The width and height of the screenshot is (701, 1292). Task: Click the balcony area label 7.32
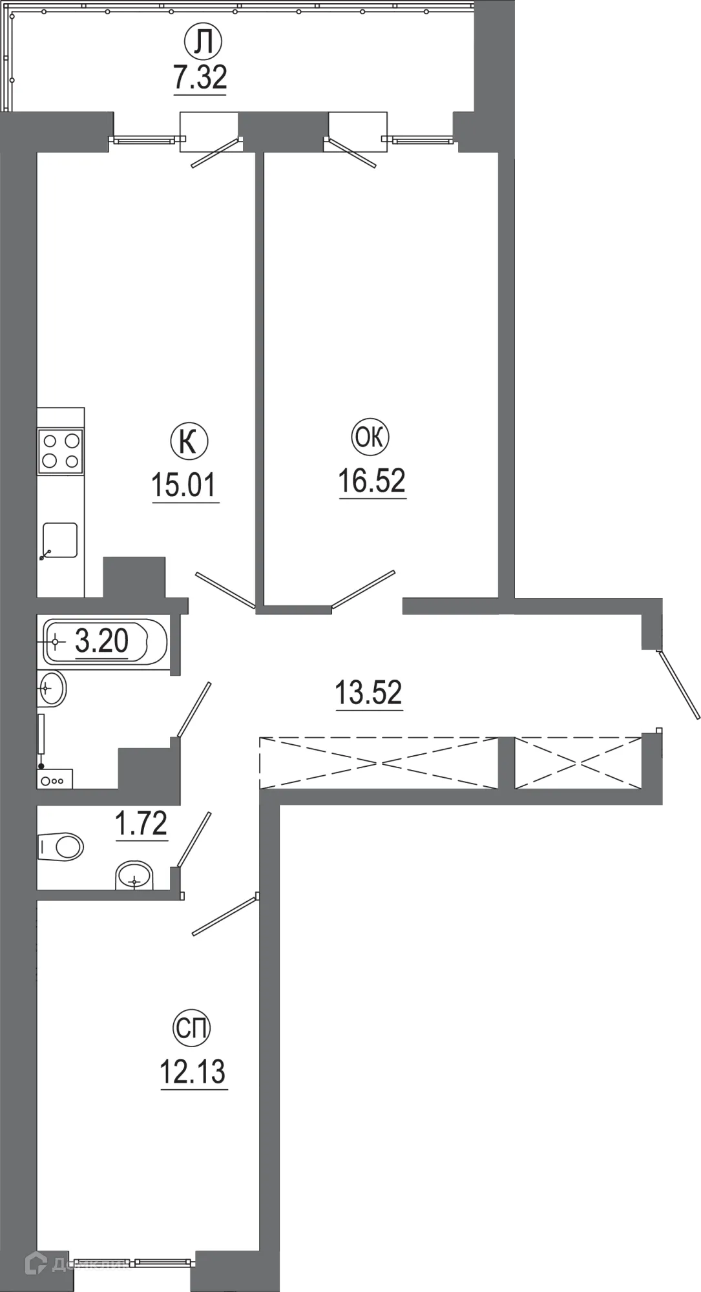pyautogui.click(x=200, y=78)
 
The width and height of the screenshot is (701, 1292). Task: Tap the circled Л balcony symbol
pyautogui.click(x=204, y=43)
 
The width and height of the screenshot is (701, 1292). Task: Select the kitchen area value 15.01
pyautogui.click(x=184, y=485)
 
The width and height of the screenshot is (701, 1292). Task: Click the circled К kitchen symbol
pyautogui.click(x=189, y=443)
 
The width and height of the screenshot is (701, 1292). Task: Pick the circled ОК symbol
pyautogui.click(x=370, y=438)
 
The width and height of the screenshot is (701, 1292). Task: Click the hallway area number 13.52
pyautogui.click(x=368, y=693)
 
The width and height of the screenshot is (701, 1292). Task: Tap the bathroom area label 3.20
pyautogui.click(x=102, y=641)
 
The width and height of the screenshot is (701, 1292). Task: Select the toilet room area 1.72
pyautogui.click(x=141, y=824)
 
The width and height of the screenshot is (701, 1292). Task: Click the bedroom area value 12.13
pyautogui.click(x=193, y=1072)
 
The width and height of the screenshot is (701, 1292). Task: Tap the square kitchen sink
pyautogui.click(x=60, y=540)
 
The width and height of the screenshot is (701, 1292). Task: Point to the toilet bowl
pyautogui.click(x=63, y=846)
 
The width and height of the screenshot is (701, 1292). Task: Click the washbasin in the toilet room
pyautogui.click(x=134, y=877)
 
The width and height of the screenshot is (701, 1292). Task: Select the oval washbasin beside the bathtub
pyautogui.click(x=52, y=689)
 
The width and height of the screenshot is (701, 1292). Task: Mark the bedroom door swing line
pyautogui.click(x=225, y=914)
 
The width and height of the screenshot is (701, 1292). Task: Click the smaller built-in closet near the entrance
pyautogui.click(x=578, y=763)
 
